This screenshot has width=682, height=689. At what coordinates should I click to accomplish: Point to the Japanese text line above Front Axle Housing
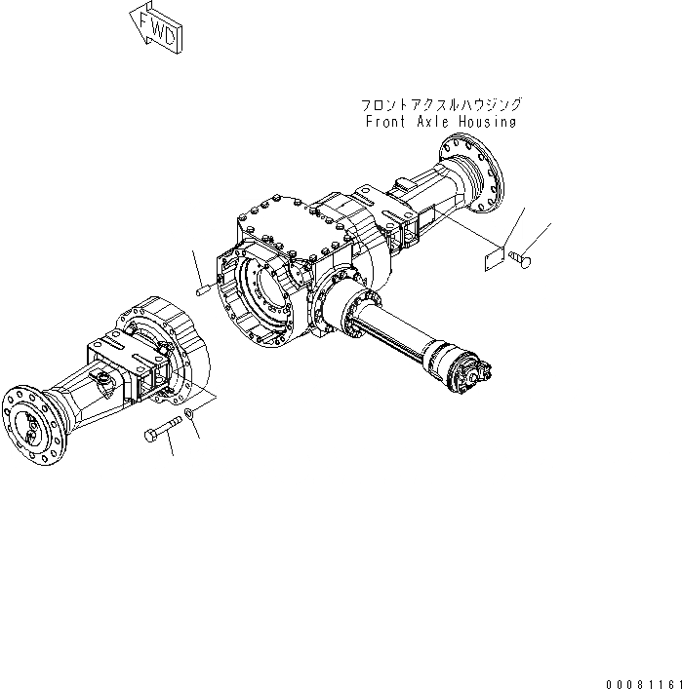point(441,104)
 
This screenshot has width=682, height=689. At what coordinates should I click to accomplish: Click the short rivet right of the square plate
point(519,258)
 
